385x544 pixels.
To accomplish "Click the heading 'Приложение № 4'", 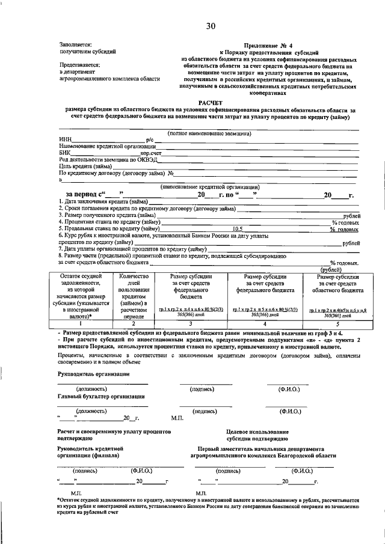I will coord(265,45).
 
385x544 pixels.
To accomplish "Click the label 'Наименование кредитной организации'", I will coord(108,146).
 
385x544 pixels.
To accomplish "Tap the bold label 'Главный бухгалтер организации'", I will coord(101,396).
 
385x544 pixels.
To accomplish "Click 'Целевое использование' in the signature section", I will coord(257,432).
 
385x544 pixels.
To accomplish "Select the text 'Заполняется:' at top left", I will coord(75,44).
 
